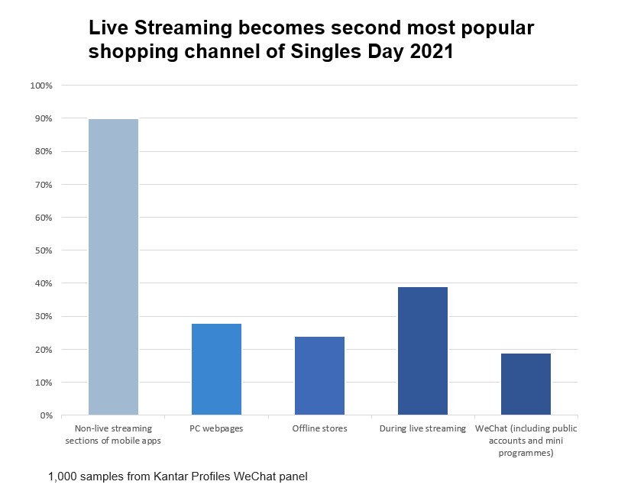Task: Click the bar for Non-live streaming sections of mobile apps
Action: click(x=113, y=267)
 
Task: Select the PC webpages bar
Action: click(x=216, y=370)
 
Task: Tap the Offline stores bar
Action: click(x=319, y=376)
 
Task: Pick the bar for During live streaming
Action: click(x=422, y=351)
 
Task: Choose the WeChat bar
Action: click(x=526, y=384)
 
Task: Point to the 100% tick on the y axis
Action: click(x=40, y=86)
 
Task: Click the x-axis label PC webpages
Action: click(x=216, y=428)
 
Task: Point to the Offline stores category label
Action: click(x=319, y=428)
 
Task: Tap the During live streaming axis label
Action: click(x=422, y=428)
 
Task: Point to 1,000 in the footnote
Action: click(x=63, y=477)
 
